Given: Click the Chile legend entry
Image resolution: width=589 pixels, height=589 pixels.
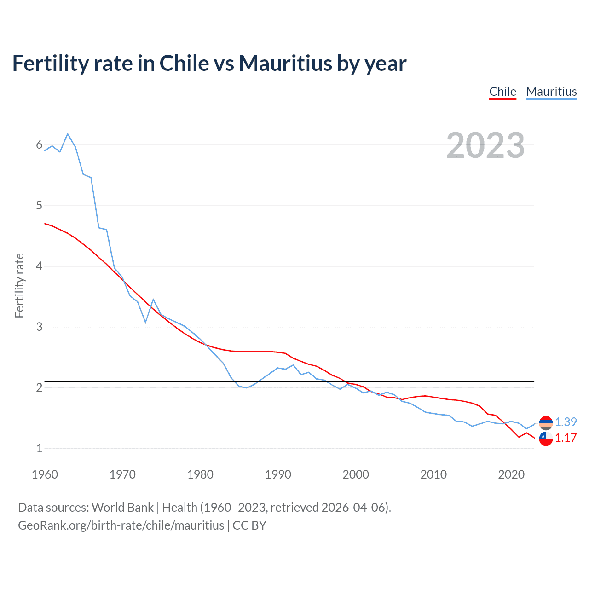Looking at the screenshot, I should [502, 92].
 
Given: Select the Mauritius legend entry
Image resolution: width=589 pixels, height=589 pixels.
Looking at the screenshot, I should [551, 92].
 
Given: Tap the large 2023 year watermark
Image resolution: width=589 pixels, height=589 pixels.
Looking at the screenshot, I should [485, 145].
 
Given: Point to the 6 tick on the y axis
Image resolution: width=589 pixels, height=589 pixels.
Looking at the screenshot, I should [39, 145].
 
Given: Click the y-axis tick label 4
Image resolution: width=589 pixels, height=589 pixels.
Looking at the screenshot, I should [39, 266].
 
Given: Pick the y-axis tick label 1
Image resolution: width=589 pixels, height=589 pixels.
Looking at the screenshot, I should [39, 448].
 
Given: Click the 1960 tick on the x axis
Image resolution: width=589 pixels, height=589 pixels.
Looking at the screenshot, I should [45, 474].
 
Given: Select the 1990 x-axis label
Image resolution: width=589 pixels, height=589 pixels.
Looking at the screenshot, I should [278, 474].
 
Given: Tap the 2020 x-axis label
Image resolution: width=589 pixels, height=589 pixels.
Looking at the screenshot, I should [511, 474].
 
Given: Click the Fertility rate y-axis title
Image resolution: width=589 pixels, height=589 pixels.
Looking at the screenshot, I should [19, 285].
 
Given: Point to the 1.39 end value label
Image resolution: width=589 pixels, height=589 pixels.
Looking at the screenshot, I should [566, 422].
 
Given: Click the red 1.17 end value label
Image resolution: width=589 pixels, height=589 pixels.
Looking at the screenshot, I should [566, 438].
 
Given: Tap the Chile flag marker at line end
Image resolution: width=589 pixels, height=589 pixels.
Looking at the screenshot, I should [546, 439].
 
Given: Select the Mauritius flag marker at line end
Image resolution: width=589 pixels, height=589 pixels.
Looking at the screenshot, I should [546, 422].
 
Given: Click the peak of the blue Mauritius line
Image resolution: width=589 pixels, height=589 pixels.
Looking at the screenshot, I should [68, 134].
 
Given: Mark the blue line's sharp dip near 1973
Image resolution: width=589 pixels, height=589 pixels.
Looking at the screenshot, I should [145, 322].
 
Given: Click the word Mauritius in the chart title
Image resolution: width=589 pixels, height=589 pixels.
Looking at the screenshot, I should [285, 64].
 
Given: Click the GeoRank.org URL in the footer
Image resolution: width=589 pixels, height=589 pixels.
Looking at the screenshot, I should [121, 525].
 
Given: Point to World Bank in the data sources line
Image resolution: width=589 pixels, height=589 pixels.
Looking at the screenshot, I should [122, 508].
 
